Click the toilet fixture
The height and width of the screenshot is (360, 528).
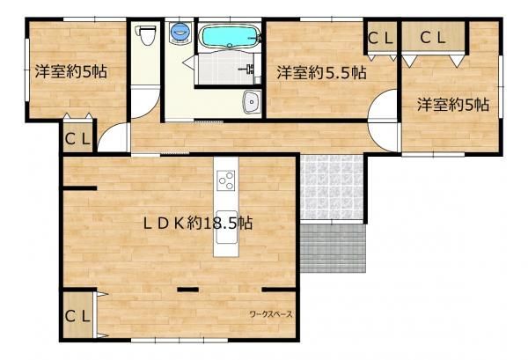point(145,34)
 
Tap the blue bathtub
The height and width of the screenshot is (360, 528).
point(230,36)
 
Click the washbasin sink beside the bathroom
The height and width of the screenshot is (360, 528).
point(251,101)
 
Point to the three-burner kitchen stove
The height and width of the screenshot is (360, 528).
point(225,180)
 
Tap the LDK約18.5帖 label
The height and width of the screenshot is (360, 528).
point(198,223)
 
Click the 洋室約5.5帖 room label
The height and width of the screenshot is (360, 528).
point(321,72)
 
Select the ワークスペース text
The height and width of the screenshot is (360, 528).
point(271,314)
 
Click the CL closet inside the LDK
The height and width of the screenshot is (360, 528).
point(77,316)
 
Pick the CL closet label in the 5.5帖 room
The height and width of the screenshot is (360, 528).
point(380,38)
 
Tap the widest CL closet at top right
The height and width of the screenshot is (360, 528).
point(433,37)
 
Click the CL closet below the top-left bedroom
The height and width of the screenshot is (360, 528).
point(77,139)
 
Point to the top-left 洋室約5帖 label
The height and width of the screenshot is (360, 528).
point(71,71)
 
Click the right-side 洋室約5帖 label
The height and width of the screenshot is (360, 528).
point(453,105)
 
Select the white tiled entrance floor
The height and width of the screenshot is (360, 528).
point(332,187)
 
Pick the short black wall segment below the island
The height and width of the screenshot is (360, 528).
point(188,289)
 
